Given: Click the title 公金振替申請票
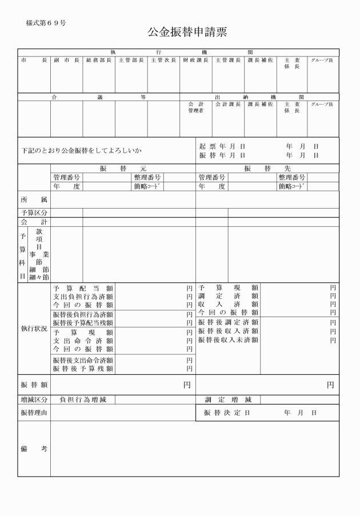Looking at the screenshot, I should (x=187, y=32).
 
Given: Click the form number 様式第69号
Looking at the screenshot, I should (x=46, y=23).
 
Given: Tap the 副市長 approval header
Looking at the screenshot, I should (x=66, y=60).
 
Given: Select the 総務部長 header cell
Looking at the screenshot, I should (x=98, y=60).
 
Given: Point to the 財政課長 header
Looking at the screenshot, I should (x=196, y=60).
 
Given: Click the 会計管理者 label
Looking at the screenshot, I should (x=196, y=107).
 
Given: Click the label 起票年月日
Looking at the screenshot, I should (x=222, y=146).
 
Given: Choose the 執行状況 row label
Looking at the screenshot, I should (x=34, y=329).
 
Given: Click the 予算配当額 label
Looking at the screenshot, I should (x=83, y=289).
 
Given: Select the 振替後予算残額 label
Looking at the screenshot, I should (x=83, y=369).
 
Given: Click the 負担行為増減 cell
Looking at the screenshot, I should (x=83, y=399).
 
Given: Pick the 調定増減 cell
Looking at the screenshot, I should (x=228, y=399).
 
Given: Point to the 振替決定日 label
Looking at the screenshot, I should (x=227, y=413).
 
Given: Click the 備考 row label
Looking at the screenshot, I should (x=34, y=449).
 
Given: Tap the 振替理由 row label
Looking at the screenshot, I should (x=34, y=413).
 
